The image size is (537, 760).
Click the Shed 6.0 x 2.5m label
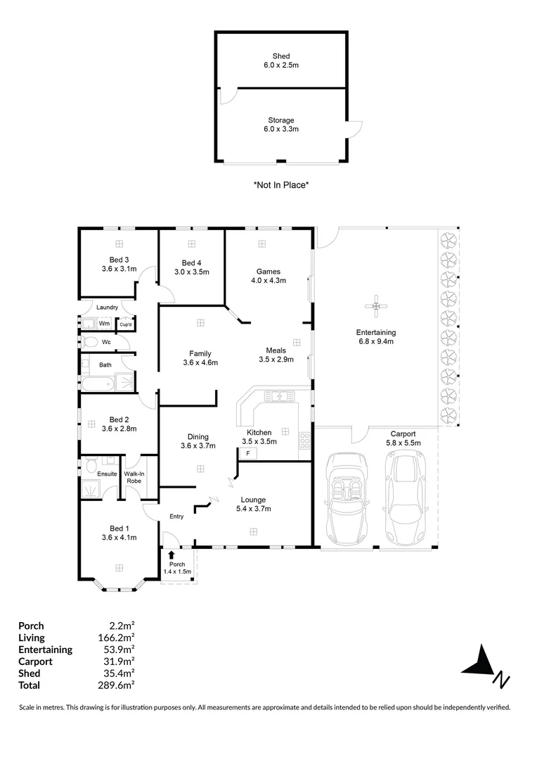pyautogui.click(x=281, y=61)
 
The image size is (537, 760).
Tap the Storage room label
pyautogui.click(x=281, y=125)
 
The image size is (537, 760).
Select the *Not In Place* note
pyautogui.click(x=281, y=185)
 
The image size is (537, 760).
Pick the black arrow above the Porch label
pyautogui.click(x=171, y=555)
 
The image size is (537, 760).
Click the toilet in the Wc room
pyautogui.click(x=89, y=343)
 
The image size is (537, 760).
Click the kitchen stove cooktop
pyautogui.click(x=305, y=441)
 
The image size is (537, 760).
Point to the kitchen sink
pyautogui.click(x=279, y=396)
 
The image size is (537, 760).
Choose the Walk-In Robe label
pyautogui.click(x=134, y=477)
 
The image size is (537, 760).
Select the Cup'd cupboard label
pyautogui.click(x=126, y=324)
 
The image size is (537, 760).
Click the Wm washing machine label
pyautogui.click(x=104, y=324)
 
